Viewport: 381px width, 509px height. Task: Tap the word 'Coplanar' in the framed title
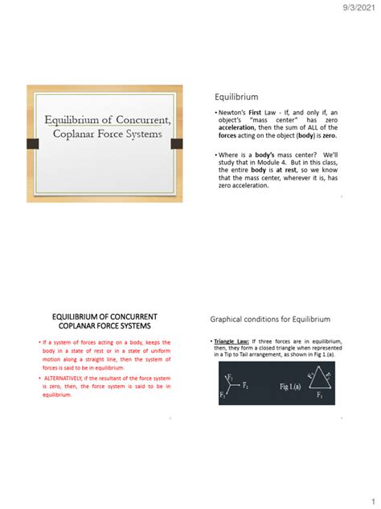pos(77,134)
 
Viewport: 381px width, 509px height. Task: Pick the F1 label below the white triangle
pos(320,397)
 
